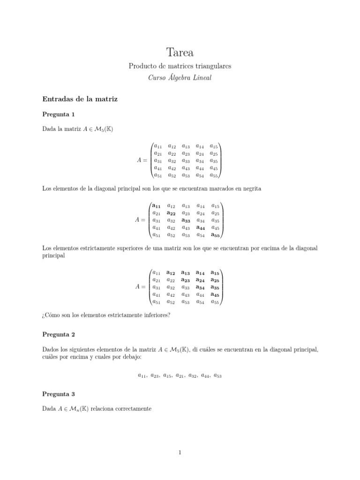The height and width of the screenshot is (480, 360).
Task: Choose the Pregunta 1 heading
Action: click(59, 114)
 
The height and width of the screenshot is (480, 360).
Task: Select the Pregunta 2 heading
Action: click(59, 335)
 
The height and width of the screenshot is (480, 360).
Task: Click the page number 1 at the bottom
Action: click(180, 452)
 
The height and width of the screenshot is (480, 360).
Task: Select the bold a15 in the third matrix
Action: click(215, 272)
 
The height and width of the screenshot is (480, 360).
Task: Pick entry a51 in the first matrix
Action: click(158, 175)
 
